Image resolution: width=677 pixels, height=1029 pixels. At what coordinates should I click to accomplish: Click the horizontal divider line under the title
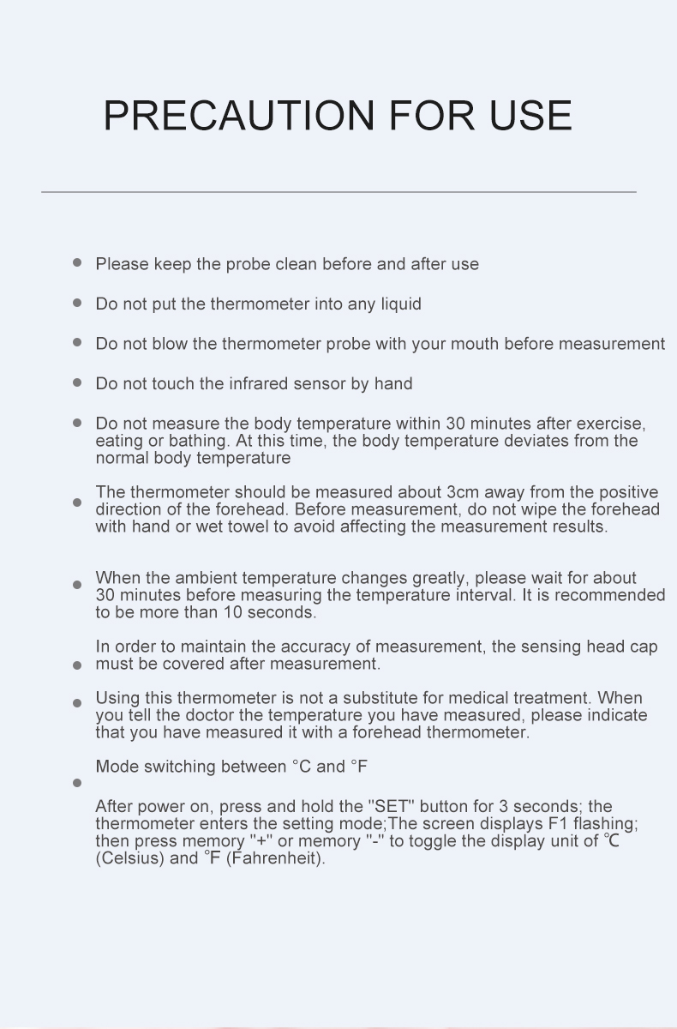pyautogui.click(x=338, y=192)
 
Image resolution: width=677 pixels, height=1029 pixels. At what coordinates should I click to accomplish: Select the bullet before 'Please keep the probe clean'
pyautogui.click(x=77, y=263)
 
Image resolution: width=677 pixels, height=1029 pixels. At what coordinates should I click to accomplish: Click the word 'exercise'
pyautogui.click(x=610, y=424)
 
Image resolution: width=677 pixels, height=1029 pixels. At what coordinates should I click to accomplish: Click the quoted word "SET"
pyautogui.click(x=391, y=807)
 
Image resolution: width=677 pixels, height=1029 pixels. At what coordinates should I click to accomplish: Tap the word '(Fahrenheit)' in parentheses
pyautogui.click(x=276, y=858)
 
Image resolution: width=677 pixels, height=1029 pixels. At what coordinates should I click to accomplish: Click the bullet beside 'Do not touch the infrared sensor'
pyautogui.click(x=77, y=383)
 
